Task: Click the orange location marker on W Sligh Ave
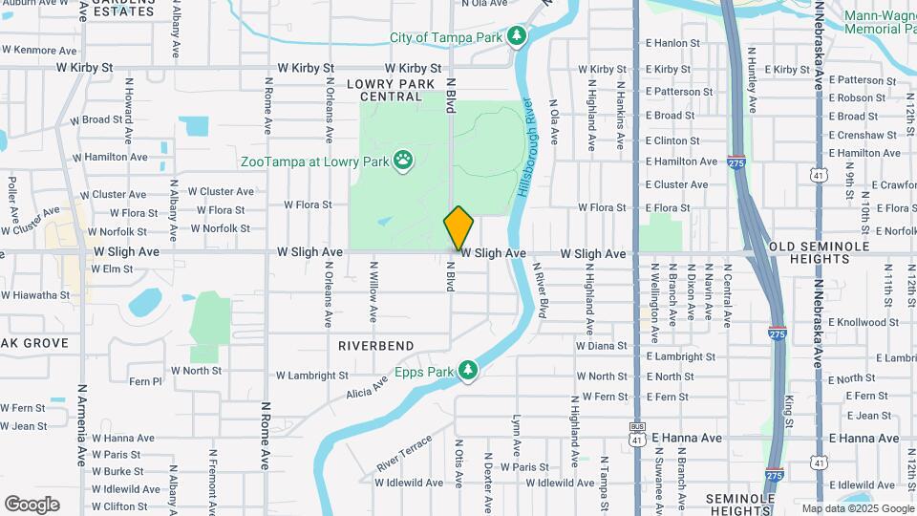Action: [458, 228]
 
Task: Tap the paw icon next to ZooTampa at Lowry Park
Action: [404, 161]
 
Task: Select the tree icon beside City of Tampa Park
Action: [517, 36]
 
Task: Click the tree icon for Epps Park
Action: [467, 370]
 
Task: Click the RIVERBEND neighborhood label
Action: [375, 345]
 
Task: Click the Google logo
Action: [32, 505]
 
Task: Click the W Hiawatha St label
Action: [35, 295]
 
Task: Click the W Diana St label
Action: [602, 346]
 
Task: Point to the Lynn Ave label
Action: [517, 436]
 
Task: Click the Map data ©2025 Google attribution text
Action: [857, 508]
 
